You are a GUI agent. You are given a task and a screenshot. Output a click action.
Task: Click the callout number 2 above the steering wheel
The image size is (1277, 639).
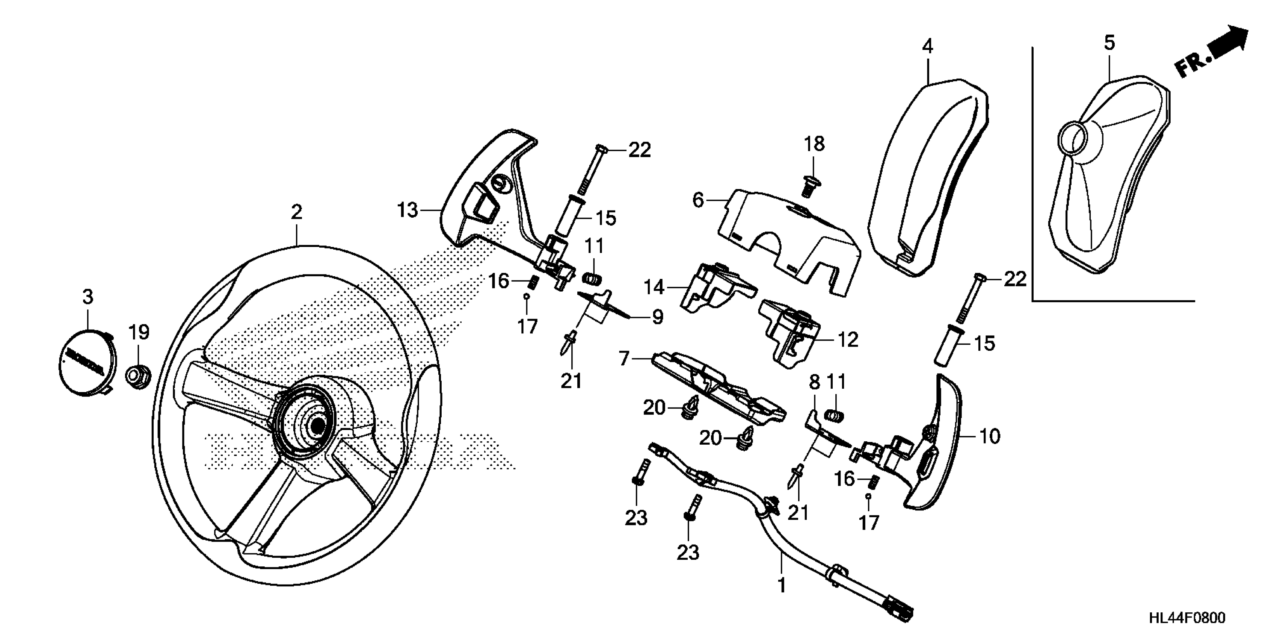tap(296, 212)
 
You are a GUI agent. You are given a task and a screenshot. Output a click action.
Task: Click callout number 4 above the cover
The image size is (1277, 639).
tap(927, 47)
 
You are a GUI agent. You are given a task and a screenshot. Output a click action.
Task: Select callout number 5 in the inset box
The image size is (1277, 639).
tap(1109, 44)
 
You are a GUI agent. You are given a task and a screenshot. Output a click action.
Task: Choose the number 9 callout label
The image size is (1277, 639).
tap(657, 317)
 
